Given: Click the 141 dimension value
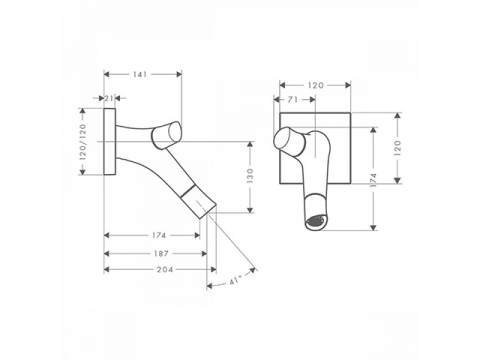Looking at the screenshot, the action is click(140, 74).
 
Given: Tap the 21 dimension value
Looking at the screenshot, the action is click(109, 98).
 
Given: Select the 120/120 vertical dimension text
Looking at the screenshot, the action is click(83, 142).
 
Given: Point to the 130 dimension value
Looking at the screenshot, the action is click(250, 176).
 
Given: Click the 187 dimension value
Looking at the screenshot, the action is click(161, 254).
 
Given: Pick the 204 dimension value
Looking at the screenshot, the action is click(165, 269).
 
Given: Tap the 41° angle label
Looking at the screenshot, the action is click(235, 281).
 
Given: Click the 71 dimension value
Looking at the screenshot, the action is click(292, 100).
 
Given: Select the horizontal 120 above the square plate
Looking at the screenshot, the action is click(316, 85).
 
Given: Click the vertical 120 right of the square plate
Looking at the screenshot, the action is click(397, 148).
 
